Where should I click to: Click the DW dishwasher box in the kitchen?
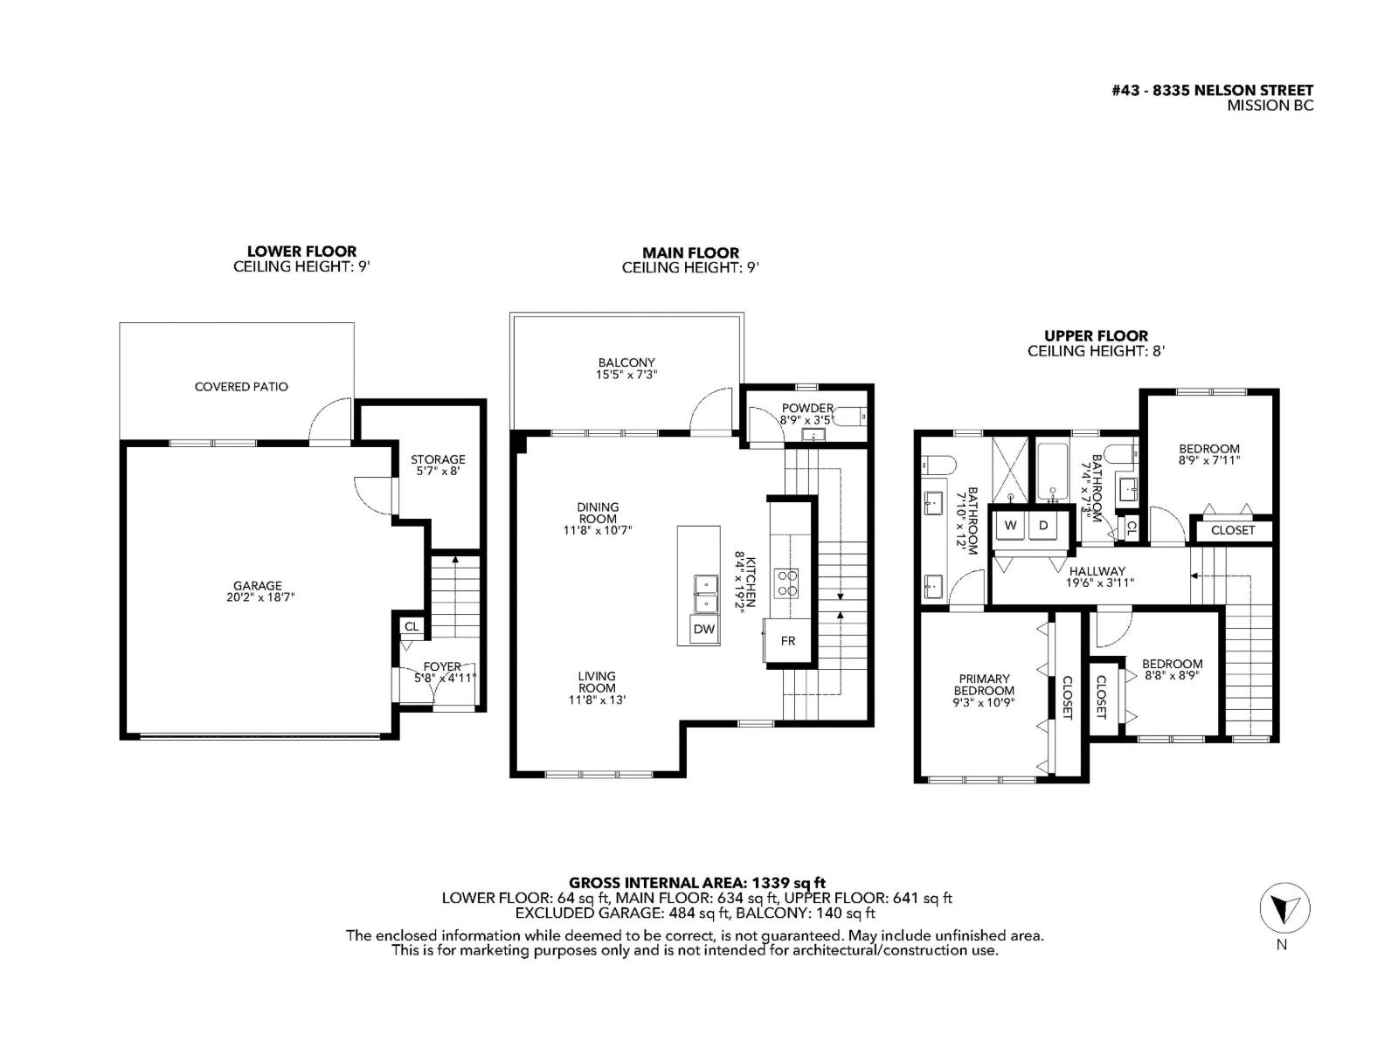pyautogui.click(x=703, y=629)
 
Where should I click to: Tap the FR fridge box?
pyautogui.click(x=788, y=640)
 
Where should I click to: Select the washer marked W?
pyautogui.click(x=1011, y=526)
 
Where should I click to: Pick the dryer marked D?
pyautogui.click(x=1043, y=526)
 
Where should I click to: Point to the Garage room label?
pyautogui.click(x=257, y=586)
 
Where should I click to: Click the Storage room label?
pyautogui.click(x=438, y=459)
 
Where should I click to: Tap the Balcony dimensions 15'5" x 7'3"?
pyautogui.click(x=626, y=375)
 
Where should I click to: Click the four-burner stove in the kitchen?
pyautogui.click(x=786, y=583)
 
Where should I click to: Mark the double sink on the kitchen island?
pyautogui.click(x=704, y=594)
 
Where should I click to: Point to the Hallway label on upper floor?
pyautogui.click(x=1097, y=571)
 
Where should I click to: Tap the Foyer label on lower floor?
pyautogui.click(x=442, y=666)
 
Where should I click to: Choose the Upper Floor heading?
pyautogui.click(x=1096, y=335)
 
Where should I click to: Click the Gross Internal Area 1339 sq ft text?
pyautogui.click(x=697, y=882)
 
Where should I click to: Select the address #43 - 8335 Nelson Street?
pyautogui.click(x=1212, y=90)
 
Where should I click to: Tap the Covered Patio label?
pyautogui.click(x=241, y=386)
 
